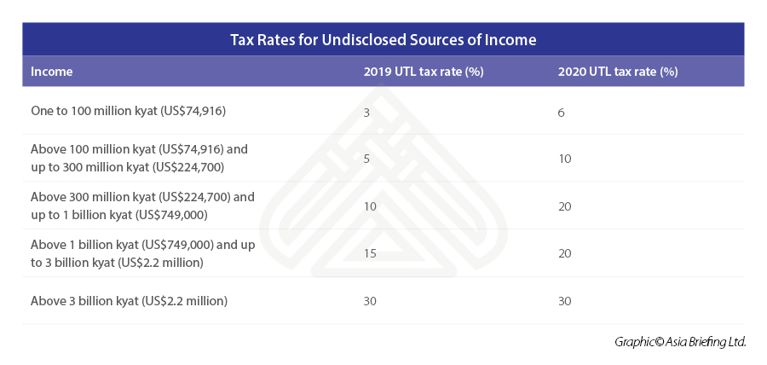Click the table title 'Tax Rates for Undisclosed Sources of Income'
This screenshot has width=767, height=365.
click(383, 40)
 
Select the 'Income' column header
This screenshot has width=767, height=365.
click(52, 72)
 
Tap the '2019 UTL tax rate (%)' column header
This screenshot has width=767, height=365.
click(424, 72)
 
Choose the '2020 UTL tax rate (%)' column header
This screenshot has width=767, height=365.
click(618, 72)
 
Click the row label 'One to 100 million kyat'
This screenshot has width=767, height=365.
click(128, 111)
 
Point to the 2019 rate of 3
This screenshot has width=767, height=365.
click(366, 112)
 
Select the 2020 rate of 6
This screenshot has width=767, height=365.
click(561, 112)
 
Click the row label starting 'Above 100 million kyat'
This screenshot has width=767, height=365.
click(139, 158)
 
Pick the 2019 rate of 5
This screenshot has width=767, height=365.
click(366, 159)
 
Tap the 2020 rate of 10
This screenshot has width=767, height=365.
click(564, 159)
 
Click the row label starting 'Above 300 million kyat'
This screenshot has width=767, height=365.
click(142, 206)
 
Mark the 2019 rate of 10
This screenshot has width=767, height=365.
click(370, 206)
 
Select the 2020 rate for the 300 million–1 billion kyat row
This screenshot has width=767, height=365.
click(564, 206)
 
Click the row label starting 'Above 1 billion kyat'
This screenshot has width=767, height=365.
click(142, 253)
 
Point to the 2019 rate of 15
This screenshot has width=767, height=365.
click(370, 254)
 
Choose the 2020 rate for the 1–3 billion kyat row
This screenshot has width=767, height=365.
click(564, 254)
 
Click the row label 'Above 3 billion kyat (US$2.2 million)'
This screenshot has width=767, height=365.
click(129, 301)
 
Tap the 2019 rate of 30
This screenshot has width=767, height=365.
click(370, 301)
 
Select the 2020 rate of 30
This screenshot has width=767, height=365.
click(564, 301)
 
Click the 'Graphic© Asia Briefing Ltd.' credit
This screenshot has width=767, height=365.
click(680, 342)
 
